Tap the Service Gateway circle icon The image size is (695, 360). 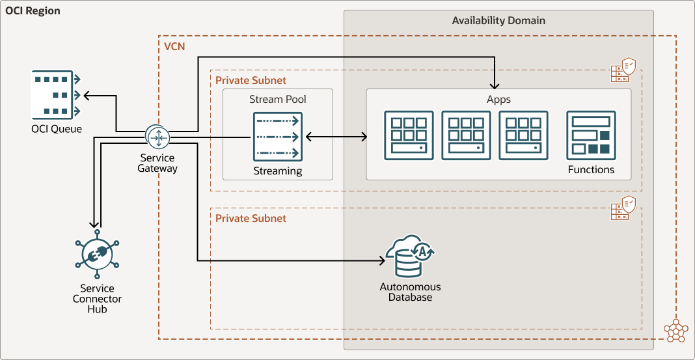coord(157,137)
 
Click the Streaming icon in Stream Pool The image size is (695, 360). coord(278,137)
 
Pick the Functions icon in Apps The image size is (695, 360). coord(591,135)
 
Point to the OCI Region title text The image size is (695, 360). coord(33,11)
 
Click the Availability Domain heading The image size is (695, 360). coord(498,20)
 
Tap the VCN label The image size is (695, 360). coord(174,47)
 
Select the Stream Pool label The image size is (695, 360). coord(278,100)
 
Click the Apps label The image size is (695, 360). coord(498,100)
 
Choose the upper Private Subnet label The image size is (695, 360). coord(251,80)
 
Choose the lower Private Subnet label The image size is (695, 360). coord(251,218)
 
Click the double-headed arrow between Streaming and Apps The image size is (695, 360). coord(336,137)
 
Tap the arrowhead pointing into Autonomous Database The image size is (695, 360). coord(382,261)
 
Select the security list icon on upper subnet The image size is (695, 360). coord(623,70)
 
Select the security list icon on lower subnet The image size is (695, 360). coord(623,208)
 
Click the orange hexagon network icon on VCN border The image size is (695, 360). coord(676,330)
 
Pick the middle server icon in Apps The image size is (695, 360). coord(466,135)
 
